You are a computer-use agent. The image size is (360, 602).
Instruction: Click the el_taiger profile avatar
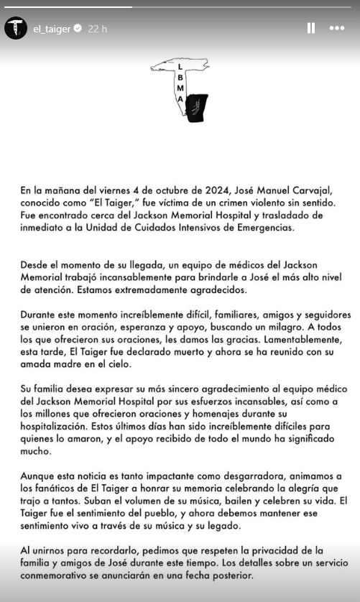[16, 28]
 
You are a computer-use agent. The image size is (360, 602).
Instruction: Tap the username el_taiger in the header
[52, 29]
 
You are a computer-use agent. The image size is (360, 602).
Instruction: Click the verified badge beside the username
[78, 29]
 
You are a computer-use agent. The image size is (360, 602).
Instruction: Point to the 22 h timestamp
[97, 29]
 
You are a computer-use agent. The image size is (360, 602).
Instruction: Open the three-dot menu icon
[336, 28]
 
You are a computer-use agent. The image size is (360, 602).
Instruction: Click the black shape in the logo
[196, 107]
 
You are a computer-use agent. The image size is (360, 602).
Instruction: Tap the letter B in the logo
[179, 78]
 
